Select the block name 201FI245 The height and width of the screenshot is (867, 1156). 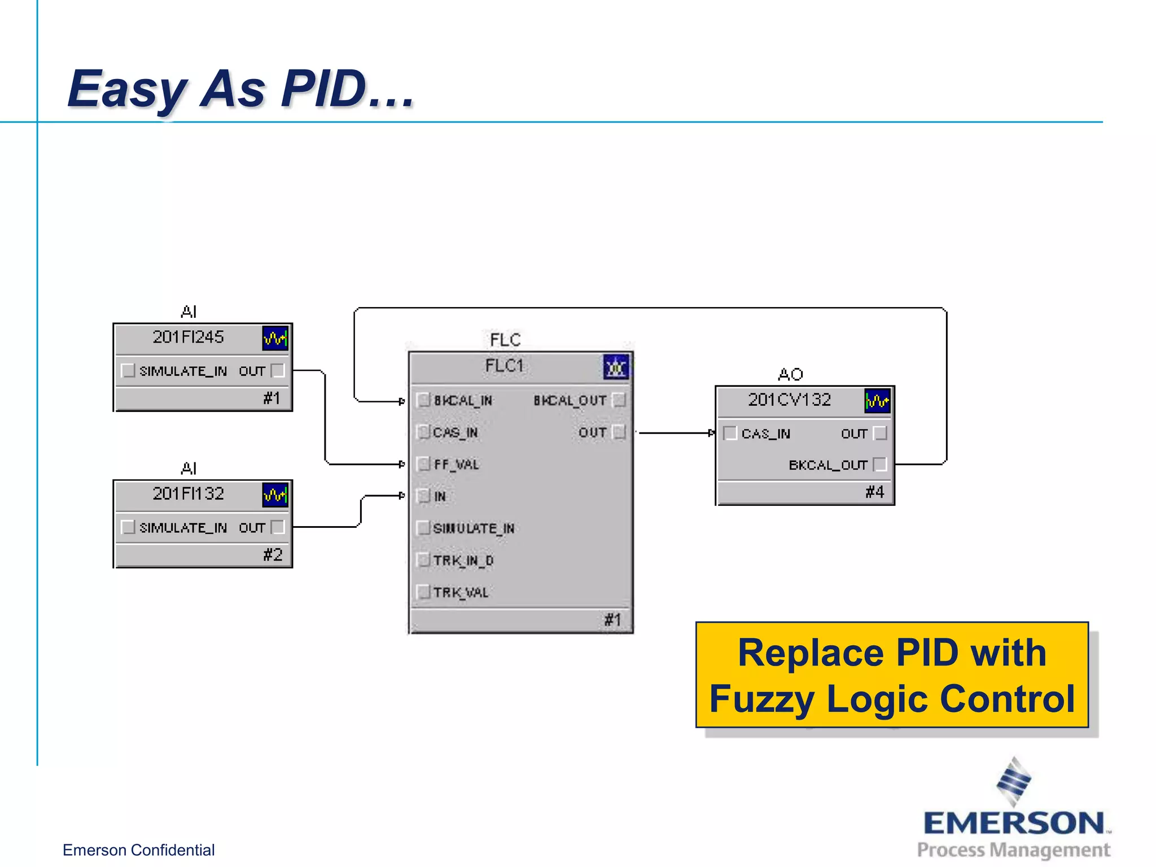coord(188,337)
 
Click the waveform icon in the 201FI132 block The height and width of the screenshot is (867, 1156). coord(275,495)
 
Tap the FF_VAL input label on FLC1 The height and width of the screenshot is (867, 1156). coord(456,465)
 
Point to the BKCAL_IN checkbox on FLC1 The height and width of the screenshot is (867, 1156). coord(423,400)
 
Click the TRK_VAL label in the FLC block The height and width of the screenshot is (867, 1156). coord(461,592)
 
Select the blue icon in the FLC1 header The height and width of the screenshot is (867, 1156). coord(616,367)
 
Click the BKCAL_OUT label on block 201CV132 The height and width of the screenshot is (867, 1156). coord(827,465)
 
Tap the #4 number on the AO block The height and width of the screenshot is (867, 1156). coord(874,492)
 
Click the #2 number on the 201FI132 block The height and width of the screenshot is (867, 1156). coord(273,554)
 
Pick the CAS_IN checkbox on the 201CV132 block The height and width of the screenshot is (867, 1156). coord(730,433)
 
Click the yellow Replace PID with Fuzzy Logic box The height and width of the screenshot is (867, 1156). coord(892,675)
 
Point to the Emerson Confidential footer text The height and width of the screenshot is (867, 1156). coord(138,850)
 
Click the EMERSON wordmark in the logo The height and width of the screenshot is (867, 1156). coord(1014,823)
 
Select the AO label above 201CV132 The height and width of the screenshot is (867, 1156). coord(790,374)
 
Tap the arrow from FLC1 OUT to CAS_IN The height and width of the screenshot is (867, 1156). coord(675,433)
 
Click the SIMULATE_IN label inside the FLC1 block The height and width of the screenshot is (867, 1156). coord(473,528)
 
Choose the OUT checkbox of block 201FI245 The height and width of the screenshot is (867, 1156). coord(278,370)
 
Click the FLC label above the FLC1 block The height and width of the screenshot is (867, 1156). coord(505,340)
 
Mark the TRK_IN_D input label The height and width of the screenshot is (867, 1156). coord(463,561)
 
